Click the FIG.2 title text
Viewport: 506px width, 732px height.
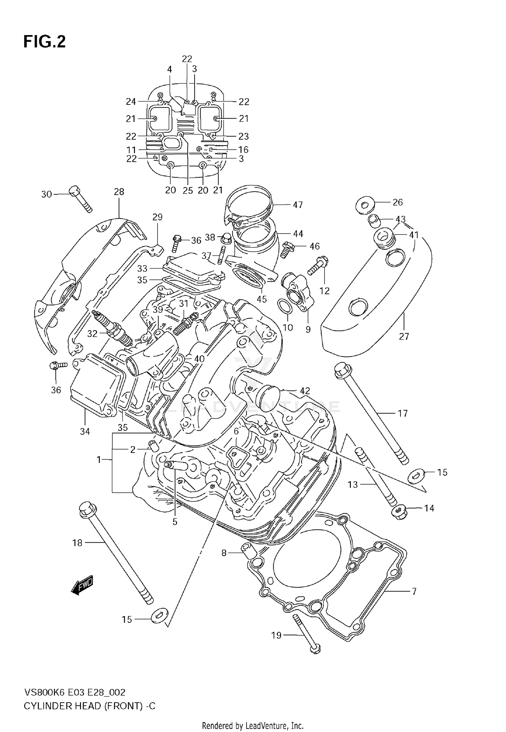pos(45,42)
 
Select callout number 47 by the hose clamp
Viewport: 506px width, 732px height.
pos(298,205)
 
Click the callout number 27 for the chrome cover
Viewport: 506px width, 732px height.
pos(404,336)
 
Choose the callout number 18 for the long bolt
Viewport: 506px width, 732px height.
pos(77,543)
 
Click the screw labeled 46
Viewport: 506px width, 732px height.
pos(288,249)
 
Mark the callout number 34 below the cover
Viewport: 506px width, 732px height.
pos(85,431)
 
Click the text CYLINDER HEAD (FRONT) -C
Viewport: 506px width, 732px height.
pos(89,706)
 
